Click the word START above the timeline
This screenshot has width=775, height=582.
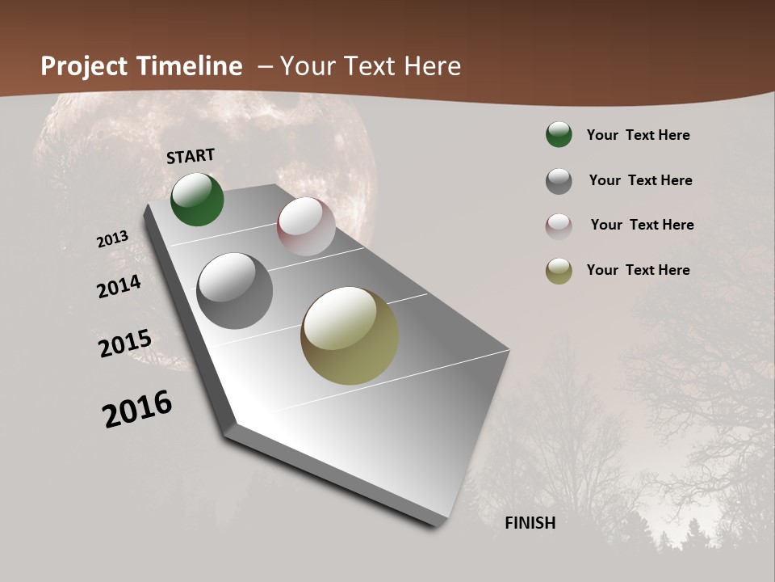click(191, 156)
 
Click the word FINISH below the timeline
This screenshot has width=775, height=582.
click(530, 523)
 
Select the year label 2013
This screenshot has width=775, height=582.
click(113, 239)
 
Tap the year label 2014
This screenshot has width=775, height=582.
click(119, 287)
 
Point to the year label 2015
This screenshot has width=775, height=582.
click(125, 344)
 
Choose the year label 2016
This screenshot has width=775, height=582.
click(137, 409)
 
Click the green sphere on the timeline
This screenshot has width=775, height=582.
click(198, 200)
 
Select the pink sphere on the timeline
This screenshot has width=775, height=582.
click(306, 226)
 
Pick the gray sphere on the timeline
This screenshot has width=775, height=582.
click(235, 291)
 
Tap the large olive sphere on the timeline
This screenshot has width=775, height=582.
click(350, 335)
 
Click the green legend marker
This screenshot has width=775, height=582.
click(559, 135)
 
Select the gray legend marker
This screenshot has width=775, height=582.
click(559, 181)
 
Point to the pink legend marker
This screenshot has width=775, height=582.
click(559, 226)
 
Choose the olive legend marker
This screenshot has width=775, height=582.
click(559, 272)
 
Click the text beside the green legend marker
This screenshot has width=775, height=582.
click(638, 135)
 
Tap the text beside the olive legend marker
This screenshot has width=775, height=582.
click(638, 270)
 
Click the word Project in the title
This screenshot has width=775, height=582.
click(83, 66)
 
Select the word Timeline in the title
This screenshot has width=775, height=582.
click(189, 66)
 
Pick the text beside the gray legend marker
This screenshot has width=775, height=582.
click(640, 180)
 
